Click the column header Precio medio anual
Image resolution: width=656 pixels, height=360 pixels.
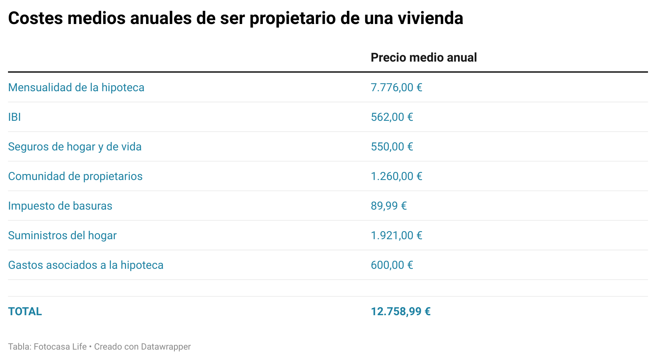[x=424, y=58]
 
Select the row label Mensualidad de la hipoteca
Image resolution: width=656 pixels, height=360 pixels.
[x=76, y=88]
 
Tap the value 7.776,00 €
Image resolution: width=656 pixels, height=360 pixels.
[x=396, y=88]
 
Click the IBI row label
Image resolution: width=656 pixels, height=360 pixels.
[x=14, y=117]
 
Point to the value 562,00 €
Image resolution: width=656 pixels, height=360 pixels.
[x=392, y=117]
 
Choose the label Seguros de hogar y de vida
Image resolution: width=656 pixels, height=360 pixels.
[x=75, y=147]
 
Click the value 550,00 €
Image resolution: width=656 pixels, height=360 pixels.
[x=392, y=147]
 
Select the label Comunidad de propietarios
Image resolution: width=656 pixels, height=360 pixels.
[x=75, y=176]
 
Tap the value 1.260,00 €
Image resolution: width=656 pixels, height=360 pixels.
[x=396, y=176]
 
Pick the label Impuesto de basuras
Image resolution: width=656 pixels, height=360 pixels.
[x=60, y=206]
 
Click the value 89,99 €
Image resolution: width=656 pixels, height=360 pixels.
[x=388, y=206]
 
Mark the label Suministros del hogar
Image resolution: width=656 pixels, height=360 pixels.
[x=62, y=236]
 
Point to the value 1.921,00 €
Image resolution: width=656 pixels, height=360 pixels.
[x=396, y=236]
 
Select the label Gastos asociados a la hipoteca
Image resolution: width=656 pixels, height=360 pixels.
[x=86, y=265]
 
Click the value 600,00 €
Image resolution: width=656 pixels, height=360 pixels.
[x=392, y=265]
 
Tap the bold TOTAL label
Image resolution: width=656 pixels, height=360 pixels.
[x=25, y=312]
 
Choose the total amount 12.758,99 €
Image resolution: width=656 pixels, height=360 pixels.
[x=400, y=312]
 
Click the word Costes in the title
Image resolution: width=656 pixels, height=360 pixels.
[x=35, y=18]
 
